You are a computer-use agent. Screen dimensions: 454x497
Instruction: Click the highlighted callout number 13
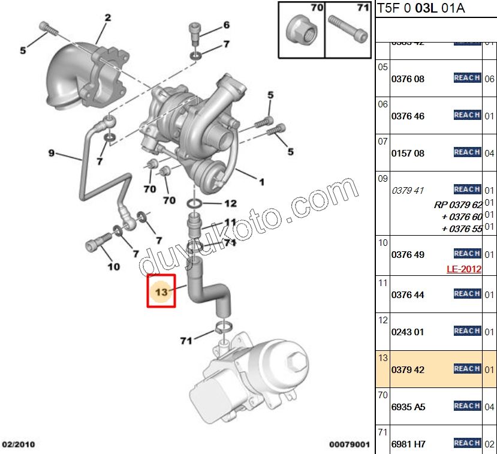click(161, 291)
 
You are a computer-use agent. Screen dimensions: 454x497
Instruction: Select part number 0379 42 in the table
click(408, 369)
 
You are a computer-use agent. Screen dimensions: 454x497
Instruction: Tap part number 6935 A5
click(408, 407)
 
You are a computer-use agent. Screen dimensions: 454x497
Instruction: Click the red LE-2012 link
click(463, 269)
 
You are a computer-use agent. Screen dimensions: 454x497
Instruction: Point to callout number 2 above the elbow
click(107, 18)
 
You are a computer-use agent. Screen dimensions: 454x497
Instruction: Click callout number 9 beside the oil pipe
click(52, 154)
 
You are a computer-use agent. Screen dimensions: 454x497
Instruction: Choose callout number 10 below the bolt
click(113, 266)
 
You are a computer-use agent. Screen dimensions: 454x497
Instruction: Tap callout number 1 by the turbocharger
click(261, 181)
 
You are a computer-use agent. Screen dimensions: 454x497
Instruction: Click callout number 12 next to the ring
click(231, 203)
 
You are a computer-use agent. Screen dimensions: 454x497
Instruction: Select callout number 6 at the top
click(226, 25)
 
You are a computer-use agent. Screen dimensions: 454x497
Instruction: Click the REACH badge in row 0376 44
click(466, 294)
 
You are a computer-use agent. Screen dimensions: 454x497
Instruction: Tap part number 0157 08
click(408, 153)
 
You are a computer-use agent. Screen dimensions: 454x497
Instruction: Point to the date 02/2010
click(19, 444)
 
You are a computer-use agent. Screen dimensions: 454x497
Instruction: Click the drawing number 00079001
click(350, 444)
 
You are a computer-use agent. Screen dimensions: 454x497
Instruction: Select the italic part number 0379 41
click(408, 191)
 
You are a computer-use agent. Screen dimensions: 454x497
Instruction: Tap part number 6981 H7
click(408, 444)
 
